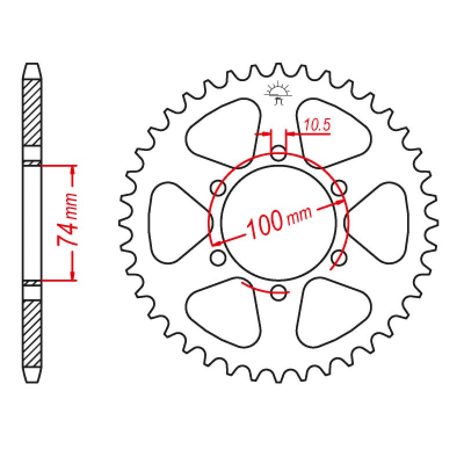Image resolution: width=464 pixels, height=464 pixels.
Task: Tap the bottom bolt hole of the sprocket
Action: coord(278,291)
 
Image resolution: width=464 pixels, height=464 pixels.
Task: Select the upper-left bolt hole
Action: coord(219,188)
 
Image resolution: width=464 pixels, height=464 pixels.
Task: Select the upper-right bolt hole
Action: coord(338,188)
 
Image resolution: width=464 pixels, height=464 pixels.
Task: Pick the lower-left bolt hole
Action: coord(219,257)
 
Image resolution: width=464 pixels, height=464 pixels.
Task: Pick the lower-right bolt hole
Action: coord(338,257)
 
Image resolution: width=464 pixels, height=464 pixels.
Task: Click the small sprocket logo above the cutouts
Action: coord(278,93)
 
